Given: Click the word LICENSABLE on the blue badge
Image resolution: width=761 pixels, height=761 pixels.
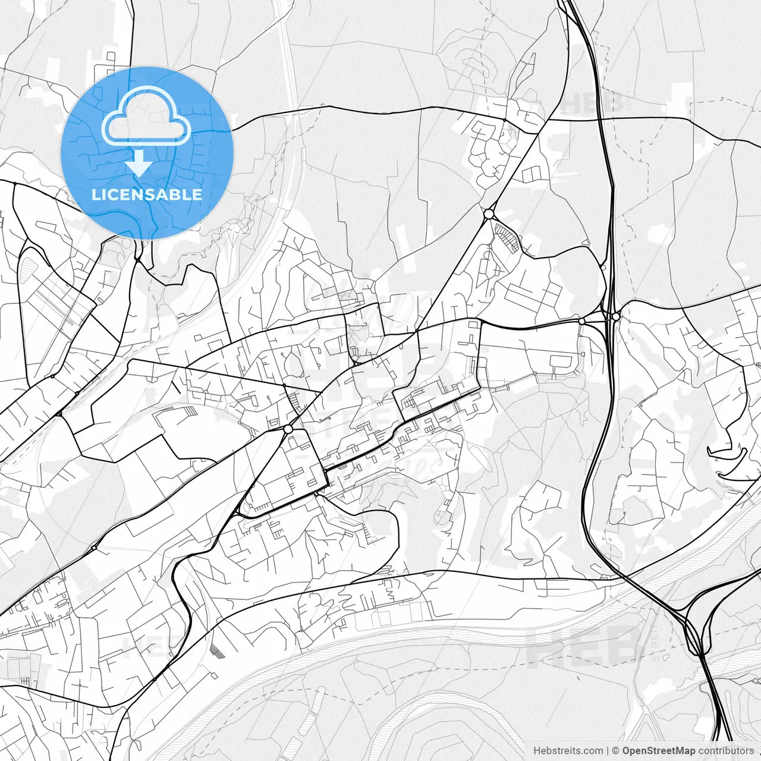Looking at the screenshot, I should coord(147,194).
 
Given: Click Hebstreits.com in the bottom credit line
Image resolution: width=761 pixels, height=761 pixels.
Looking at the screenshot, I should coord(567,751).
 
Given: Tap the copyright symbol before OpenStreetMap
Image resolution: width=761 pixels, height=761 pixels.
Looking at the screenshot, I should coord(616,751).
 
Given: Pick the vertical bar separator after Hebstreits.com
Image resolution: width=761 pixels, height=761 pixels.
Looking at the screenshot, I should coord(607,751).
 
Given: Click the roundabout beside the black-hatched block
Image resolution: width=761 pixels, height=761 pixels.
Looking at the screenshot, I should coord(489,213).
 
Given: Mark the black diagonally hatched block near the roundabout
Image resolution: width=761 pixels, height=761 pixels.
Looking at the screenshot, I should coord(507,234).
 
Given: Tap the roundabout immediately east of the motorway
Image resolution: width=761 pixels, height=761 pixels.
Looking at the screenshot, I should coord(616,317).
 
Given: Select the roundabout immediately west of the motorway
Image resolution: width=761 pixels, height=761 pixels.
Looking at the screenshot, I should coord(582,320).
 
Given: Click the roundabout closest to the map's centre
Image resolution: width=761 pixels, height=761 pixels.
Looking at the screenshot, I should coord(288,429).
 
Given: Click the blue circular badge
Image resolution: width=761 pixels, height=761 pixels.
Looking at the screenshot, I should coord(147,153).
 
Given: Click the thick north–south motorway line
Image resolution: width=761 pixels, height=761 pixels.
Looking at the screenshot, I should coord(610,238).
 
